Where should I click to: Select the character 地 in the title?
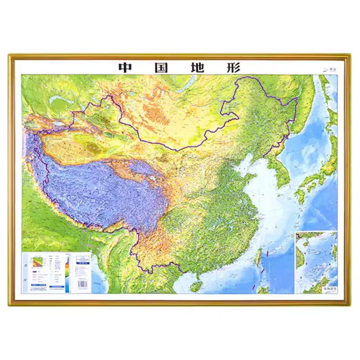[197, 67]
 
